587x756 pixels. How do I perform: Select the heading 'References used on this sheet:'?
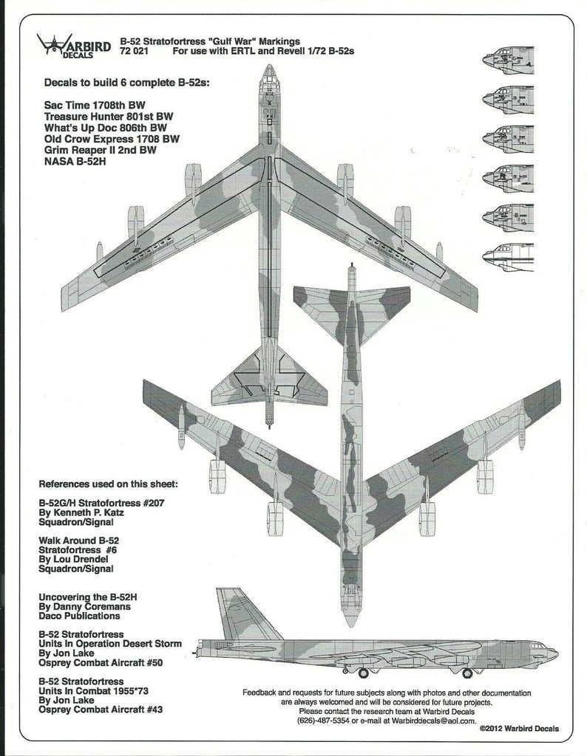coord(109,485)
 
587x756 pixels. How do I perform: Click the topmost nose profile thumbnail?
coord(507,60)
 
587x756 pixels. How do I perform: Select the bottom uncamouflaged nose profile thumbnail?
coord(507,256)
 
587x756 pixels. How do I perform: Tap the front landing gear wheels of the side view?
coord(466,673)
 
